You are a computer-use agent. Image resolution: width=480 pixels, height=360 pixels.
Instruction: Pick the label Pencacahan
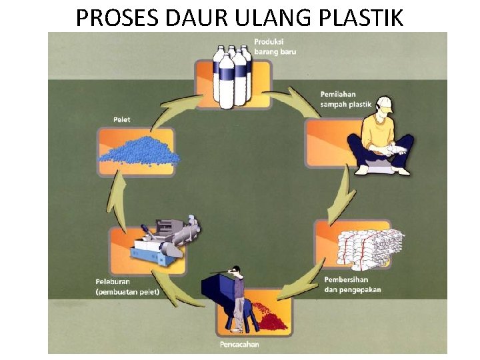tap(239, 344)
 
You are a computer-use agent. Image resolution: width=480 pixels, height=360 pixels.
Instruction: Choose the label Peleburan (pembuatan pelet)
tap(127, 287)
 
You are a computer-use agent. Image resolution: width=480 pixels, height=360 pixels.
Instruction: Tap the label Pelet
tap(121, 120)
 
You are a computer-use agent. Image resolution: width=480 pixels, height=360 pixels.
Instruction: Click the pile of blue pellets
tap(139, 152)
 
